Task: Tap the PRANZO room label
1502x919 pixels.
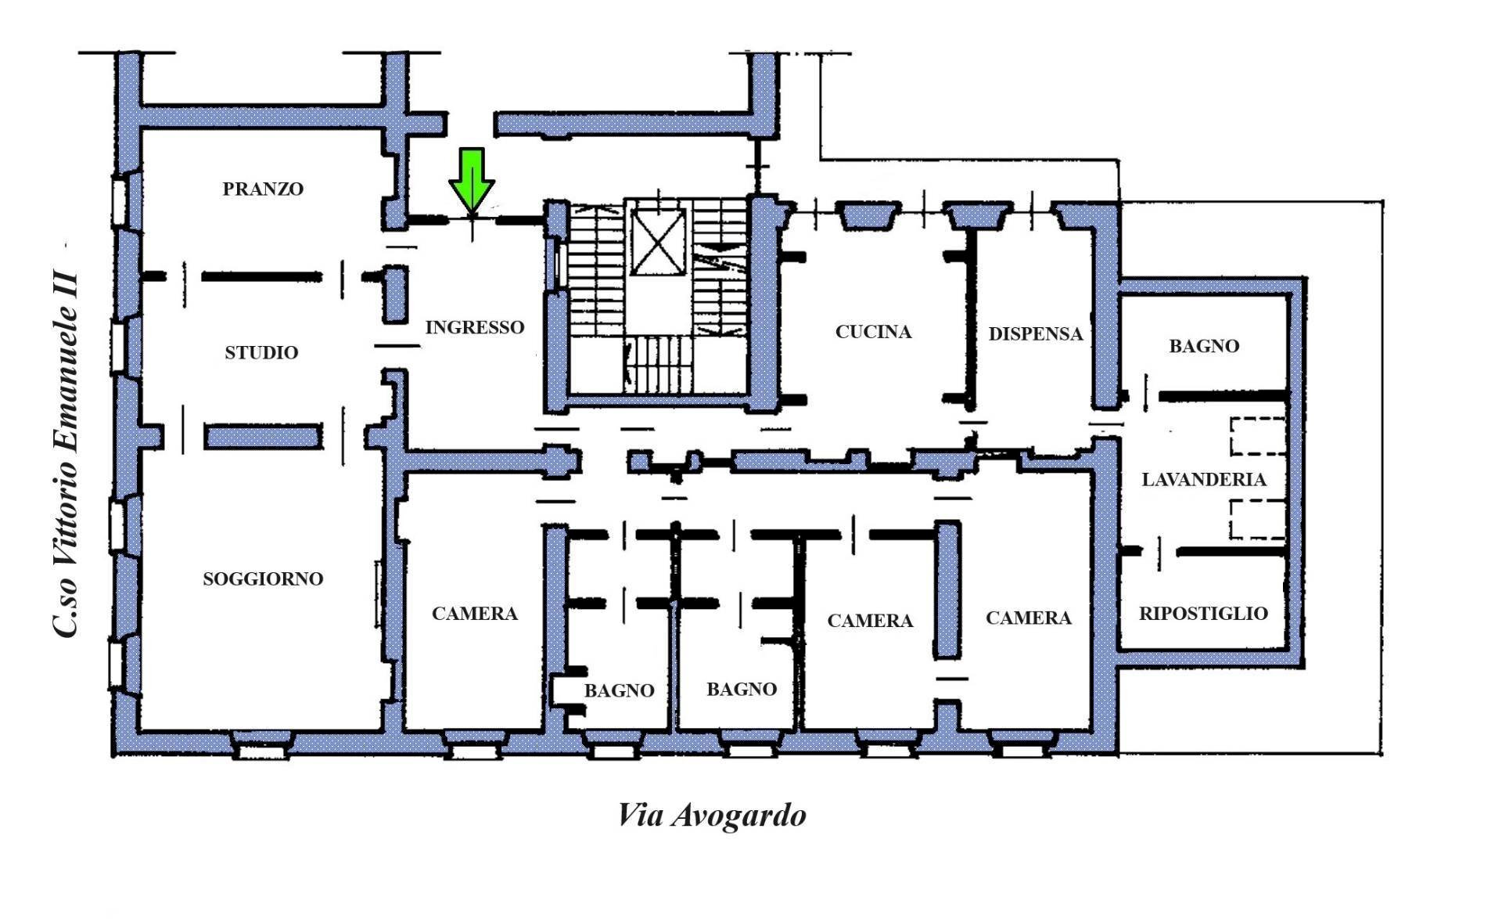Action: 263,189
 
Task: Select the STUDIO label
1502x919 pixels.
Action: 261,352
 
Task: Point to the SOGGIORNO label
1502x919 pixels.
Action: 263,578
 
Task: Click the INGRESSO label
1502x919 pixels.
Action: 475,327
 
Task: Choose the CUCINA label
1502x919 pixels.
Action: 874,332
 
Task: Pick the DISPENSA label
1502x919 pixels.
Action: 1036,333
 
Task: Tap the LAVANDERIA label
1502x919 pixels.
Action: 1204,479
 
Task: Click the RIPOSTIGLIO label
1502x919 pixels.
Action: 1203,613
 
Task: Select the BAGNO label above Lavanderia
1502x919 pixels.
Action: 1204,346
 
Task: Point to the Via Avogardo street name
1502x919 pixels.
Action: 712,815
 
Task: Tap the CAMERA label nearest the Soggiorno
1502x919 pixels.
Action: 475,614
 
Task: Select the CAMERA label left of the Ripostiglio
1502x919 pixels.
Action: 1029,618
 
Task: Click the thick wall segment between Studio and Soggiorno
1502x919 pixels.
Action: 264,436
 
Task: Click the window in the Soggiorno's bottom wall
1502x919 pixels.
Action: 263,751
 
